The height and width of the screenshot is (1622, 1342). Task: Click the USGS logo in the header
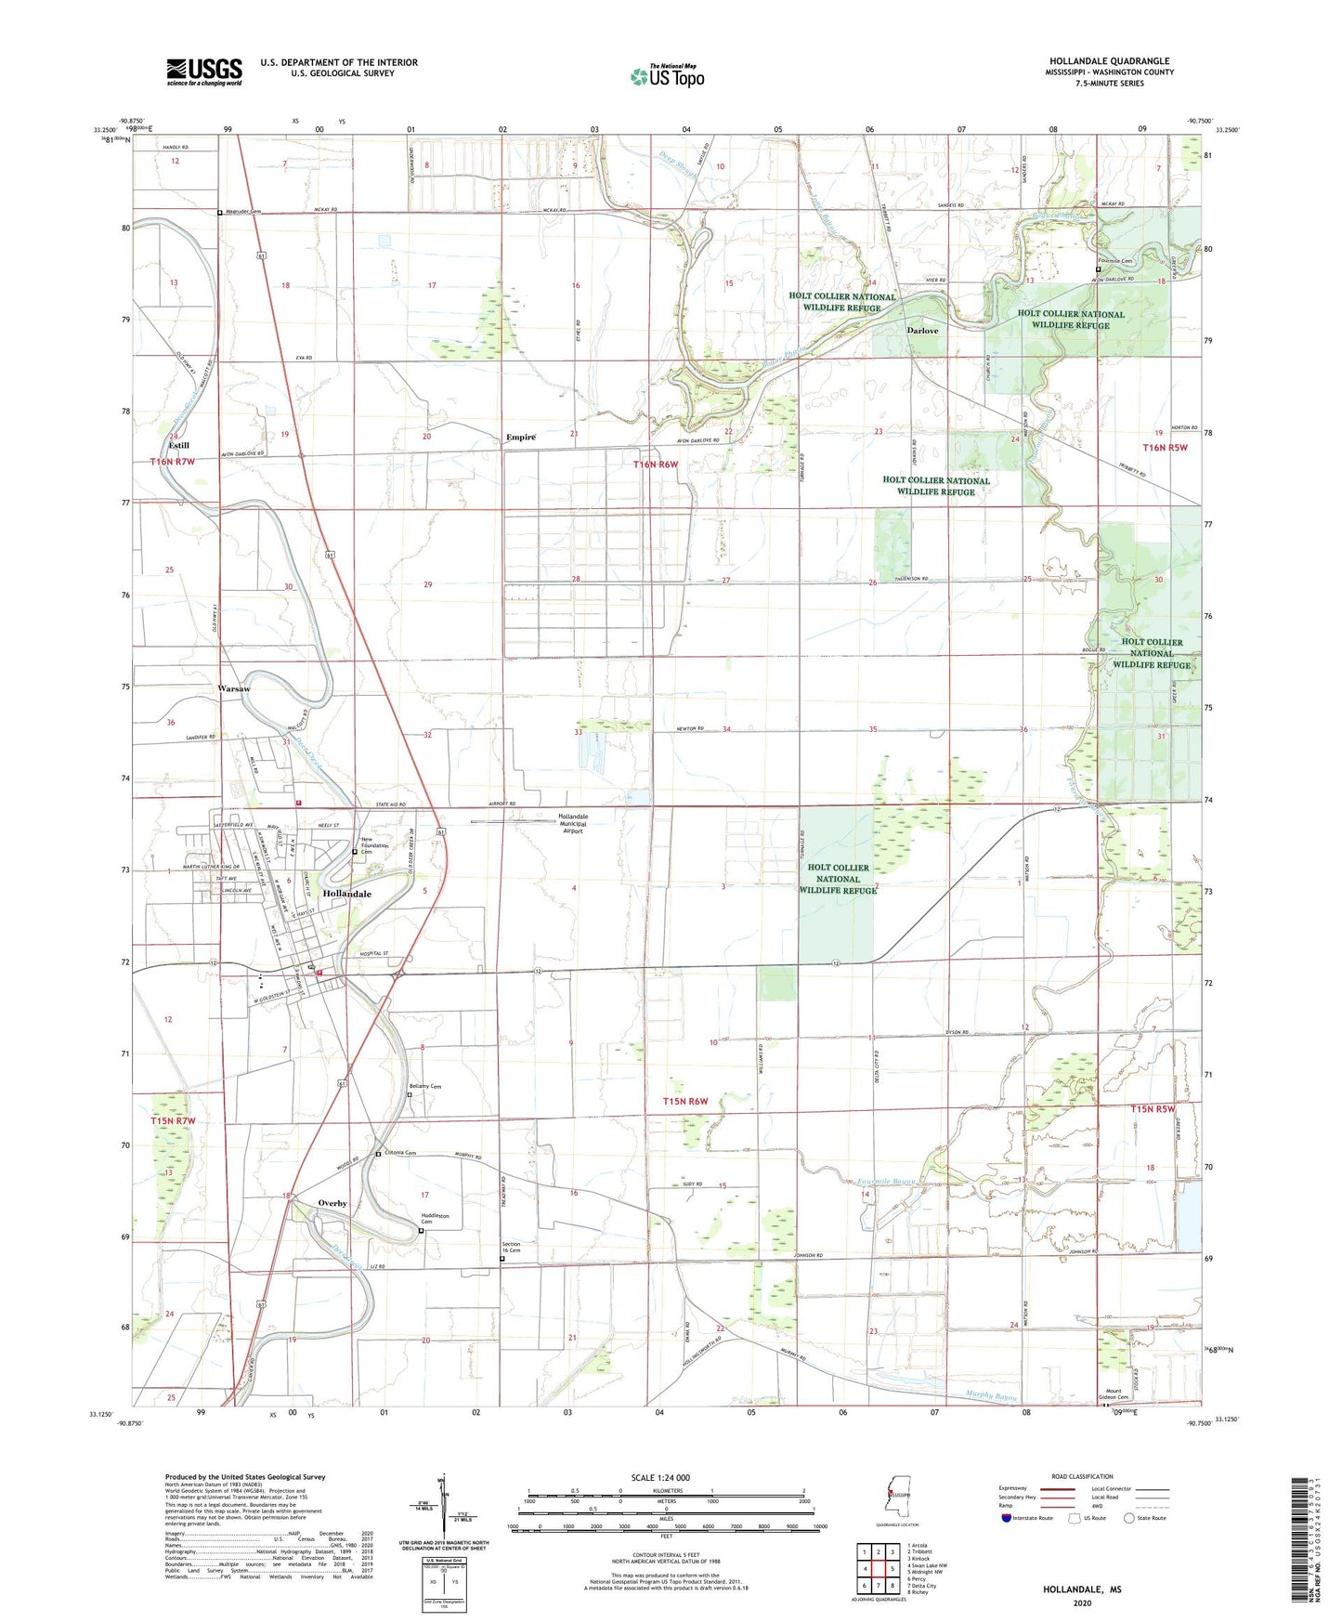(204, 71)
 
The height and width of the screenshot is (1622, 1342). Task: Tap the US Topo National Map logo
(667, 75)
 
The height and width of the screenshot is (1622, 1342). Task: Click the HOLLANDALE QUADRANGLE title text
(1109, 61)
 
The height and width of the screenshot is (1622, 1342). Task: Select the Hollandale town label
(346, 894)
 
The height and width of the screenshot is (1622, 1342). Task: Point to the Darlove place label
(922, 331)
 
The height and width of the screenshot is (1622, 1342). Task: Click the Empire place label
(520, 438)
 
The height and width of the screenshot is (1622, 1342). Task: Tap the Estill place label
(178, 446)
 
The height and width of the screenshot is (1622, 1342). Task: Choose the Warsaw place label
(233, 689)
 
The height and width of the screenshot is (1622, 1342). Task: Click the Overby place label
(332, 1203)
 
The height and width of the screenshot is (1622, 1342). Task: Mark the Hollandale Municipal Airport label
(573, 823)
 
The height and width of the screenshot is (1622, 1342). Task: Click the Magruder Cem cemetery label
(243, 212)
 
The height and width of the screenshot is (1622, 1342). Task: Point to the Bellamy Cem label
(425, 1087)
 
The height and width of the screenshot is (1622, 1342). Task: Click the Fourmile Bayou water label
(887, 1182)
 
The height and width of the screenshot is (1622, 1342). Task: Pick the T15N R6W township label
(685, 1102)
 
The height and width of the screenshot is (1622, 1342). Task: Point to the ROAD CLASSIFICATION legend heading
(1082, 1476)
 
